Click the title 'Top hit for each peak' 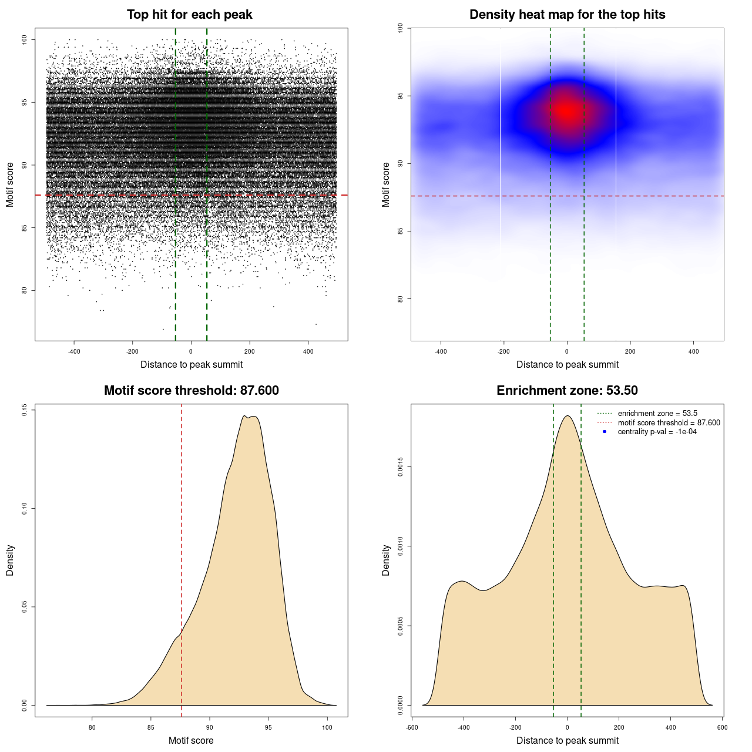click(189, 15)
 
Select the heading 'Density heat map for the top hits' click(567, 15)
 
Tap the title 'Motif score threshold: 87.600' click(191, 391)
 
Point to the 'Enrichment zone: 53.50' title click(567, 391)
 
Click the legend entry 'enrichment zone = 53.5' click(657, 414)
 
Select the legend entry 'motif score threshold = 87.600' click(669, 423)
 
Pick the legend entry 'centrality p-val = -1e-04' click(657, 432)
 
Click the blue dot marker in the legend click(605, 432)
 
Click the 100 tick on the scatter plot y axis click(25, 39)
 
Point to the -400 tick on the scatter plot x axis click(74, 351)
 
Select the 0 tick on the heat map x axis click(567, 351)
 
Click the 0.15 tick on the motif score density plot click(25, 409)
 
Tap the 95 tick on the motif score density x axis click(268, 727)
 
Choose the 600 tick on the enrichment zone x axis click(722, 727)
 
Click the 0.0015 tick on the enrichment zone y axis click(400, 468)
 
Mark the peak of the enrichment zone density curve click(567, 416)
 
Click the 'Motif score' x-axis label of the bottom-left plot click(191, 740)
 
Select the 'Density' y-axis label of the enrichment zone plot click(386, 560)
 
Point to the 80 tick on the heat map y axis click(400, 298)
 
